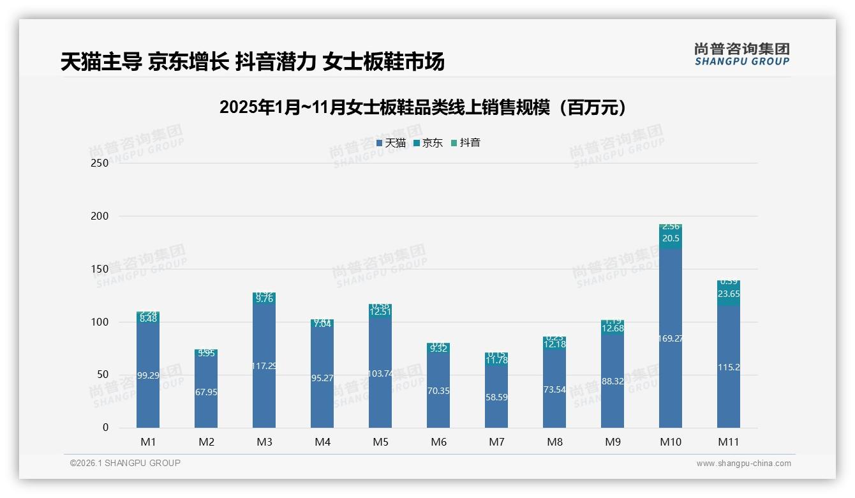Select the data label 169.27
[x=671, y=338]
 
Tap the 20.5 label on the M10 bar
[x=671, y=238]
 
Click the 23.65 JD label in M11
[x=729, y=294]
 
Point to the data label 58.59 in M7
[x=496, y=397]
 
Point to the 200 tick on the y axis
[x=101, y=216]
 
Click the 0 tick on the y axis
[x=105, y=428]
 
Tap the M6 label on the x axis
[x=438, y=442]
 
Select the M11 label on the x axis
[x=729, y=442]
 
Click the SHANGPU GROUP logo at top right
[x=741, y=54]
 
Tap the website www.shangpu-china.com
[x=743, y=464]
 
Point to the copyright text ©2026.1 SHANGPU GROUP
[x=125, y=463]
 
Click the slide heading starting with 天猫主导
[x=252, y=62]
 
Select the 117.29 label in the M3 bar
[x=264, y=366]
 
